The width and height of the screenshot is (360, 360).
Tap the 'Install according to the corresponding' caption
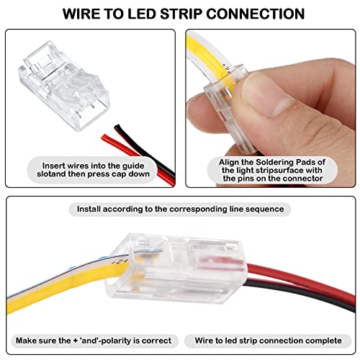click(x=181, y=210)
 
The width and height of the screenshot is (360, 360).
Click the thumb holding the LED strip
click(x=238, y=122)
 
